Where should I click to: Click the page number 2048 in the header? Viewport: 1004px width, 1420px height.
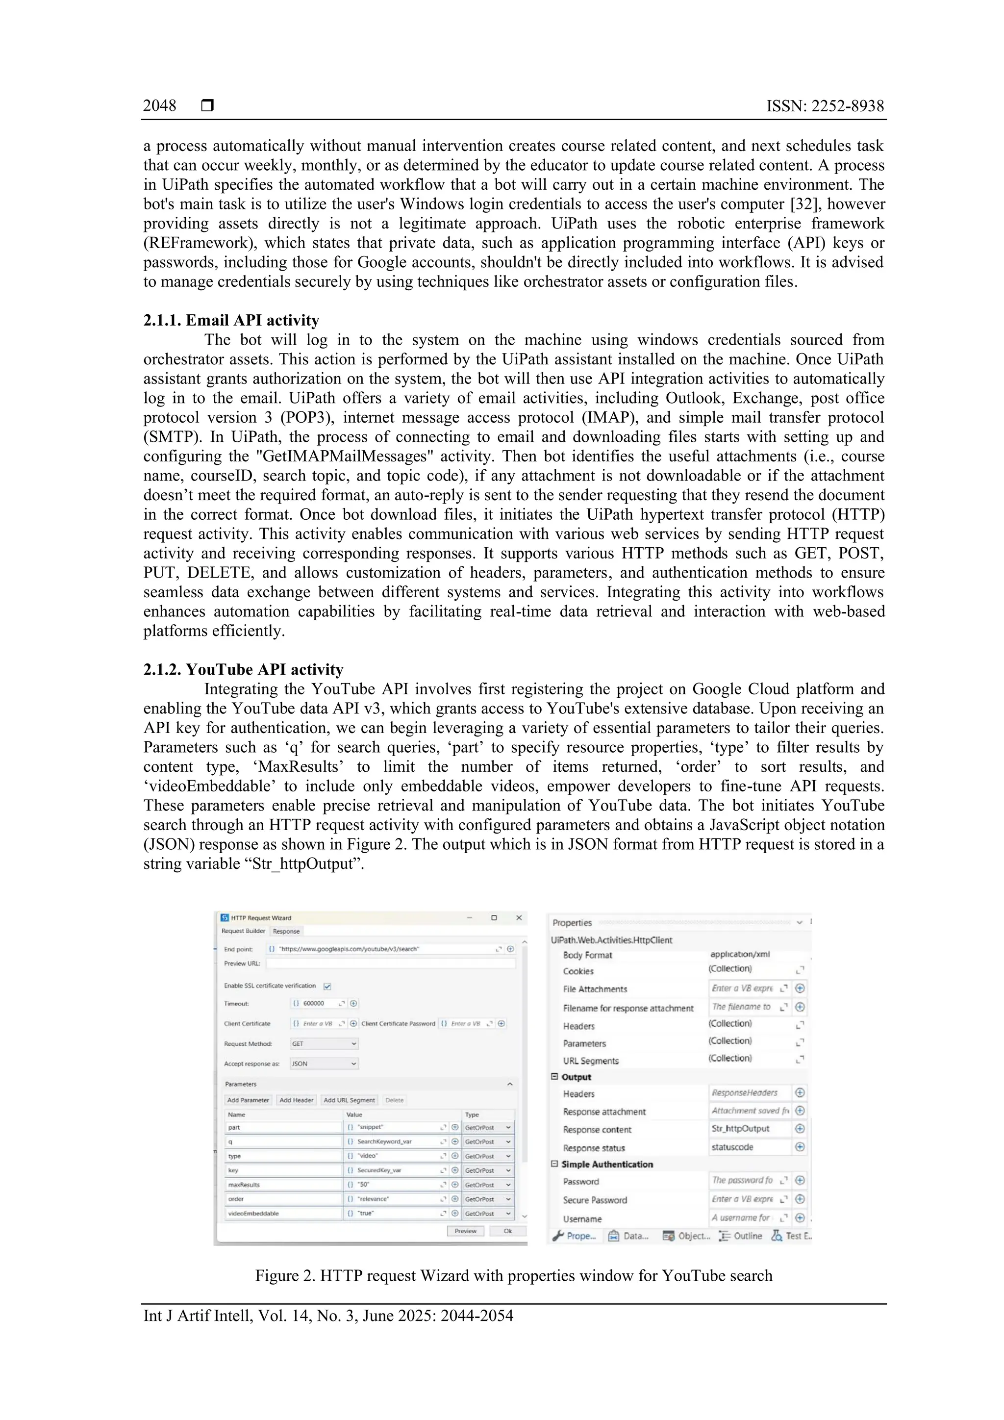pos(159,106)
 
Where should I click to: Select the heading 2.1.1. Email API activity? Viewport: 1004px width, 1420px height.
pos(231,320)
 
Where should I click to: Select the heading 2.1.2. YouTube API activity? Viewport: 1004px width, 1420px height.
pos(243,670)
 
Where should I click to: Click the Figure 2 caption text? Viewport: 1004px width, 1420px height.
pos(513,1275)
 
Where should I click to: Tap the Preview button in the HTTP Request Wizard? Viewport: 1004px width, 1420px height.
pos(466,1231)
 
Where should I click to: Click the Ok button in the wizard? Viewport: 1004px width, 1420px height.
pos(507,1231)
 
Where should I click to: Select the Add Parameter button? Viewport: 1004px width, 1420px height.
pos(248,1100)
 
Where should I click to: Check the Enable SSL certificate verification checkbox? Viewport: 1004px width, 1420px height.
pos(327,986)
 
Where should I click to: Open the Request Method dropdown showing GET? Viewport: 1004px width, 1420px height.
pos(324,1043)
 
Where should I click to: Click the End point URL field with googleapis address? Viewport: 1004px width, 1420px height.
pos(383,949)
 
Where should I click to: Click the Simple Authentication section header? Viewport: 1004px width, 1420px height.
pos(606,1164)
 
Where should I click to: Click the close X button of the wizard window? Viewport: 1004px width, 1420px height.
pos(519,918)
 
